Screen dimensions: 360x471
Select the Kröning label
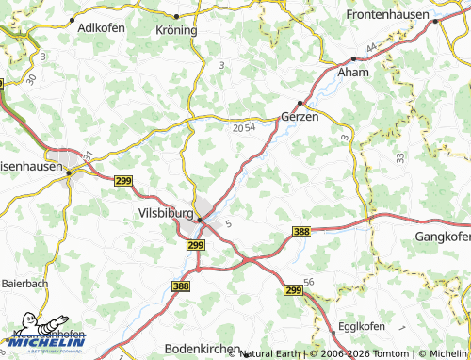coord(175,29)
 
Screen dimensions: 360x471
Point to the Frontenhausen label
coord(388,16)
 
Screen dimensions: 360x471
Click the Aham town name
coord(353,73)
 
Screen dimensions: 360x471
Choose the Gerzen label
coord(300,117)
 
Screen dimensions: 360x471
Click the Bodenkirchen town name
coord(202,347)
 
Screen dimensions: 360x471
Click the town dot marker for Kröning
coord(176,16)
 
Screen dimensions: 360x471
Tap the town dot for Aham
coord(353,59)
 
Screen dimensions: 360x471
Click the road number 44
coord(373,47)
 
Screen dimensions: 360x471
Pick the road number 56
coord(308,282)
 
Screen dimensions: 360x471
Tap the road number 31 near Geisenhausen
coord(87,155)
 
